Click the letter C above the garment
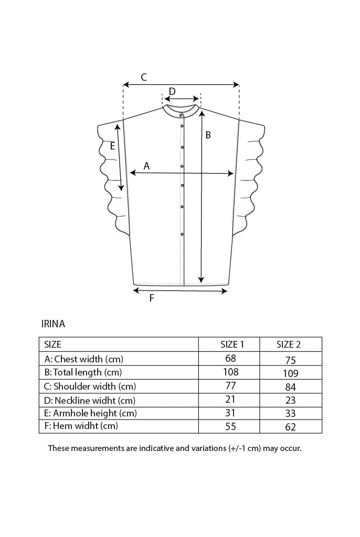tap(144, 77)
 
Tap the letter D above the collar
tap(173, 91)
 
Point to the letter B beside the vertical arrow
tap(208, 135)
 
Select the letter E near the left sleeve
tap(112, 146)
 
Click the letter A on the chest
tap(147, 166)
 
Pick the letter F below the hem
tap(152, 298)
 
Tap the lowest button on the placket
tap(182, 234)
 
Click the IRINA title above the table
tap(53, 324)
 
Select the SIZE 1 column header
tap(232, 345)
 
